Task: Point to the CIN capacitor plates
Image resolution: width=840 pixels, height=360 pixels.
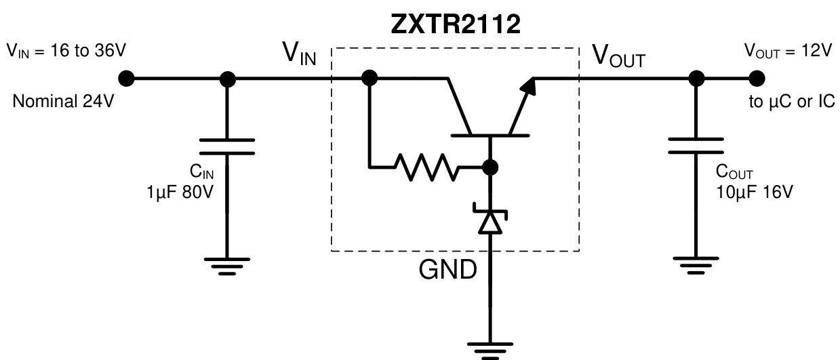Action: coord(227,146)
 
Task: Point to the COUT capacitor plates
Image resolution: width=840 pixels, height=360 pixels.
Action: coord(694,146)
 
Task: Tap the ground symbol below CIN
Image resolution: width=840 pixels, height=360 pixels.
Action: coord(227,267)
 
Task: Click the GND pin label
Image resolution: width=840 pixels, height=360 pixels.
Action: coord(447,270)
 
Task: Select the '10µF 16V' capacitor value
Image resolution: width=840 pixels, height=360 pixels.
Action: coord(754,193)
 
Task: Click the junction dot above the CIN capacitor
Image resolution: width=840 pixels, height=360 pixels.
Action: coord(227,79)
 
